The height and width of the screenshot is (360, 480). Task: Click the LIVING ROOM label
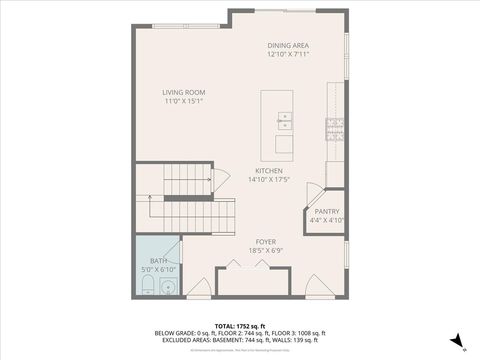pyautogui.click(x=184, y=92)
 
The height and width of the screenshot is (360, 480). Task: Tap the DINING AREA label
pyautogui.click(x=287, y=46)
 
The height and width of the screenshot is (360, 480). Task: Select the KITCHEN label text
pyautogui.click(x=268, y=171)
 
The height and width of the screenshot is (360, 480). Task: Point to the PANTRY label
pyautogui.click(x=327, y=211)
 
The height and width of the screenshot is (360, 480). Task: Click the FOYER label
pyautogui.click(x=265, y=241)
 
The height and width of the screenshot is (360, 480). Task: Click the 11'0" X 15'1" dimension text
pyautogui.click(x=184, y=101)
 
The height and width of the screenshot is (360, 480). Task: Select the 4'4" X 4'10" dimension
pyautogui.click(x=327, y=220)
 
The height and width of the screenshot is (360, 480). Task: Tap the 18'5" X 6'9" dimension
pyautogui.click(x=265, y=250)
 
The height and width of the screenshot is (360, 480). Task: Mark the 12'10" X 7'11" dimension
pyautogui.click(x=287, y=55)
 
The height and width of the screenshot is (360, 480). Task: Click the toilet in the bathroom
pyautogui.click(x=146, y=288)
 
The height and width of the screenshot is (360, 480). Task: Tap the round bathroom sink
pyautogui.click(x=168, y=288)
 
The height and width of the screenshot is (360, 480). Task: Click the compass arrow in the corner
pyautogui.click(x=455, y=341)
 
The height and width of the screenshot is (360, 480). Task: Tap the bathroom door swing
pyautogui.click(x=188, y=251)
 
